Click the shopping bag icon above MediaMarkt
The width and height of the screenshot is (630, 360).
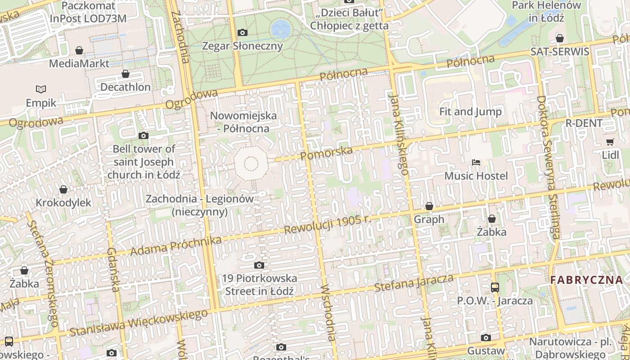pyautogui.click(x=79, y=50)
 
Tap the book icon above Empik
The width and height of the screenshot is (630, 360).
pyautogui.click(x=41, y=89)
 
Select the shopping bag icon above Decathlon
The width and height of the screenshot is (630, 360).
pyautogui.click(x=126, y=74)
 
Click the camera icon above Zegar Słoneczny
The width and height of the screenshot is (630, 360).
pyautogui.click(x=242, y=32)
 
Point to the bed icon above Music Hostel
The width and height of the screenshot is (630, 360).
pyautogui.click(x=476, y=162)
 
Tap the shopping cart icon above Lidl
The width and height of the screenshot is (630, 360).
pyautogui.click(x=610, y=142)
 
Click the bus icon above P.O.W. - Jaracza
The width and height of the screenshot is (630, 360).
pyautogui.click(x=495, y=287)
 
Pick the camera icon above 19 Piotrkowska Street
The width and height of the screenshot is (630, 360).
pyautogui.click(x=259, y=265)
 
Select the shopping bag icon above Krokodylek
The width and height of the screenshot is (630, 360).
pyautogui.click(x=63, y=189)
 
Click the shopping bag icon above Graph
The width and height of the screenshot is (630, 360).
pyautogui.click(x=429, y=206)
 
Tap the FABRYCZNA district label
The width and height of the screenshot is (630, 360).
pyautogui.click(x=587, y=280)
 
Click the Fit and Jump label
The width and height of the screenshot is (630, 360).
pyautogui.click(x=470, y=112)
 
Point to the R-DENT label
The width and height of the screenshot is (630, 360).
pyautogui.click(x=584, y=123)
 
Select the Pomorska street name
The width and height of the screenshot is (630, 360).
pyautogui.click(x=326, y=153)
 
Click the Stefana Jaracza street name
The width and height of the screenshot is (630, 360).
pyautogui.click(x=414, y=282)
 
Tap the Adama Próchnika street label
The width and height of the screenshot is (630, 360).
pyautogui.click(x=176, y=245)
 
